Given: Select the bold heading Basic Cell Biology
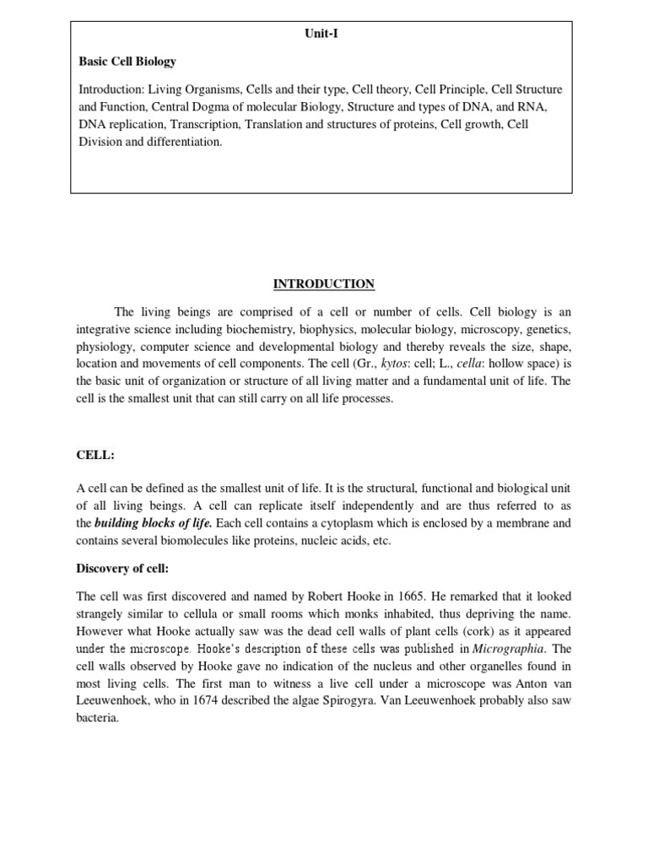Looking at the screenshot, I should (127, 62).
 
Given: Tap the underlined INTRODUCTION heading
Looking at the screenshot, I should (321, 284).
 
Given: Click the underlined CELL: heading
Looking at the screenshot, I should (94, 456).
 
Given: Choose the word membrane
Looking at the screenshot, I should (521, 524).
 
